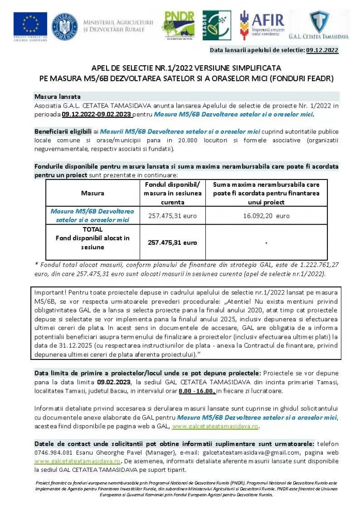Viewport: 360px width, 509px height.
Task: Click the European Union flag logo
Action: pos(30,24)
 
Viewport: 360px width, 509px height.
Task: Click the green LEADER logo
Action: pos(217,25)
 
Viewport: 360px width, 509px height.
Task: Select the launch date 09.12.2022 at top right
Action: pos(322,50)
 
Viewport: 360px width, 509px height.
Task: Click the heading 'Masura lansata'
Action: pos(57,97)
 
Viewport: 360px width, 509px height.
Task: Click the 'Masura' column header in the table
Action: pos(93,193)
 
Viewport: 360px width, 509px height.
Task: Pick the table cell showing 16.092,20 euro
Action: pos(266,216)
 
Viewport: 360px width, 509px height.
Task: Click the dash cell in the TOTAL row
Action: pos(266,242)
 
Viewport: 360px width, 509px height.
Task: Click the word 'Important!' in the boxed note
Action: pos(51,292)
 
